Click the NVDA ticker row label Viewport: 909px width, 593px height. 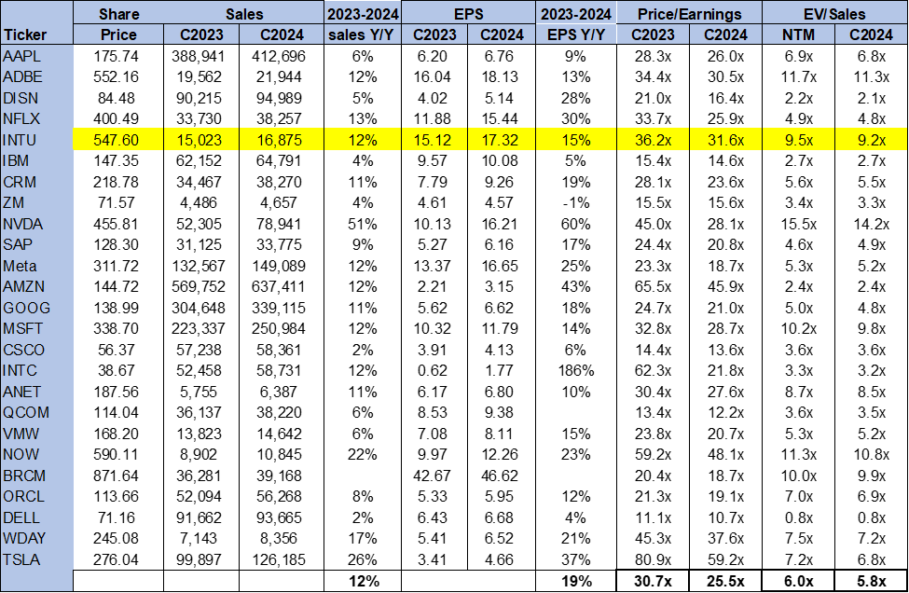(22, 225)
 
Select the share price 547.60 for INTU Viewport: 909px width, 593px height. (116, 140)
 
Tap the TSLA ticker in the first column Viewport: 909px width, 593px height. (21, 560)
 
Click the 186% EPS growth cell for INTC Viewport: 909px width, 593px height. (575, 370)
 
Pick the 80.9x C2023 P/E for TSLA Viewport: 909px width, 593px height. (653, 560)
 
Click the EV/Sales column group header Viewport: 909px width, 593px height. (834, 14)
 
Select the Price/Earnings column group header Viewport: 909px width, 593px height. (689, 14)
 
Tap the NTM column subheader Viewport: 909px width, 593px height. (798, 34)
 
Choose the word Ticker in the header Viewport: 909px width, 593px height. (25, 34)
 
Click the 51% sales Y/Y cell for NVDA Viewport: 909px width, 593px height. (363, 225)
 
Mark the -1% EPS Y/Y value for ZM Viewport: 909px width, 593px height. (575, 203)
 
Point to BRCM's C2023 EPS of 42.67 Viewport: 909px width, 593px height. (432, 476)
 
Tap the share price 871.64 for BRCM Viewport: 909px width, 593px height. (116, 476)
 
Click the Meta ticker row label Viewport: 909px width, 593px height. (20, 266)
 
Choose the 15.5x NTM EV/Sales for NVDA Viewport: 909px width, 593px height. (798, 225)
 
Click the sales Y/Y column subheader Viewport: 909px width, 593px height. (361, 34)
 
